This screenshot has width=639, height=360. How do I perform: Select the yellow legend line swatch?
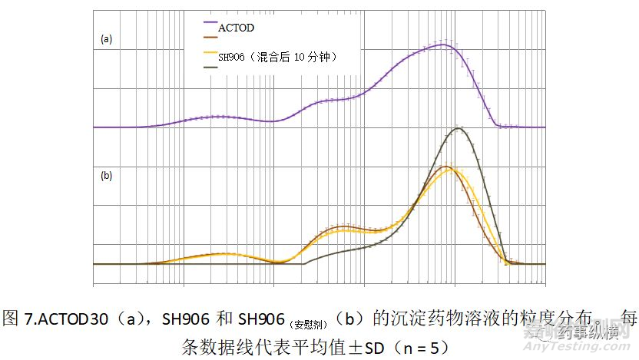click(210, 53)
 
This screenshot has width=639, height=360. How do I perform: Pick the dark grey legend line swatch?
click(210, 68)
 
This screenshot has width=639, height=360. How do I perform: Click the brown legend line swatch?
click(210, 37)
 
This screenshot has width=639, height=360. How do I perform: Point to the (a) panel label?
click(107, 38)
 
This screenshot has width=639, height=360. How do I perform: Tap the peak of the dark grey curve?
click(459, 128)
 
